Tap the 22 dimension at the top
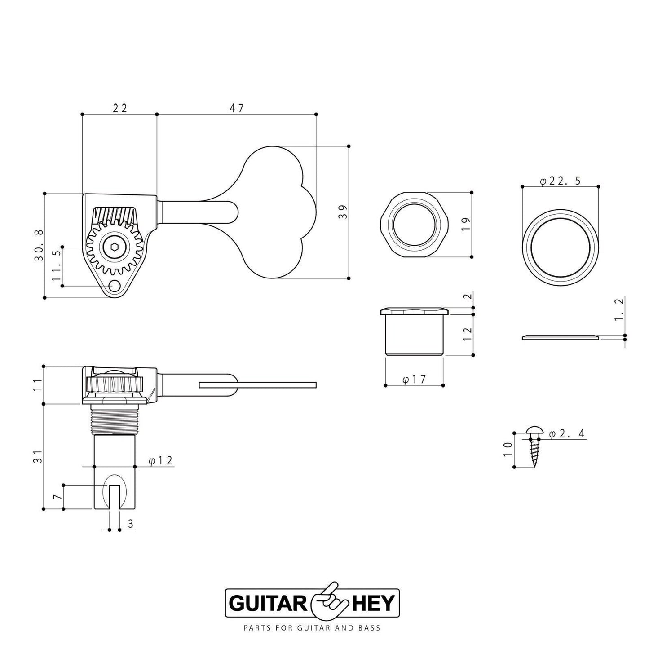pyautogui.click(x=119, y=108)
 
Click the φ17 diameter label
pyautogui.click(x=414, y=380)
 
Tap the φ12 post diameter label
pyautogui.click(x=160, y=461)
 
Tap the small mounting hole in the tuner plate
pyautogui.click(x=115, y=286)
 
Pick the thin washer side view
pyautogui.click(x=560, y=337)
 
